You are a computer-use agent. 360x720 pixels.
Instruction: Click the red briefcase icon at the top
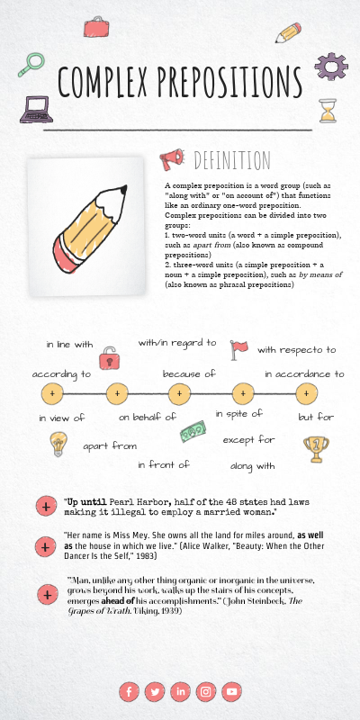pos(95,27)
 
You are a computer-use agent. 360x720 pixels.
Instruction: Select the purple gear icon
pos(330,66)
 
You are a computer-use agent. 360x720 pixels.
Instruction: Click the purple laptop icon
pos(37,109)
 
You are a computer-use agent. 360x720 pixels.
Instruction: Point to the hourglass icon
pos(328,111)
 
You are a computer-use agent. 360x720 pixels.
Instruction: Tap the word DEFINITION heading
pos(232,160)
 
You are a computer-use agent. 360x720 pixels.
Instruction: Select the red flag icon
pos(238,348)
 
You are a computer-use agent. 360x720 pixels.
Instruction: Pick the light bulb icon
pos(58,443)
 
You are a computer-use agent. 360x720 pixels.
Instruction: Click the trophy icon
pos(313,445)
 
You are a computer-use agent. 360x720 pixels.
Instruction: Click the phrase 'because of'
pos(189,373)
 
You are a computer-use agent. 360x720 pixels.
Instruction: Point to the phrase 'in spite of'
pos(238,413)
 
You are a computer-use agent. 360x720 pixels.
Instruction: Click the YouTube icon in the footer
pos(232,691)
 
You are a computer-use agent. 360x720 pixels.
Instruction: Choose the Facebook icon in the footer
pos(129,691)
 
